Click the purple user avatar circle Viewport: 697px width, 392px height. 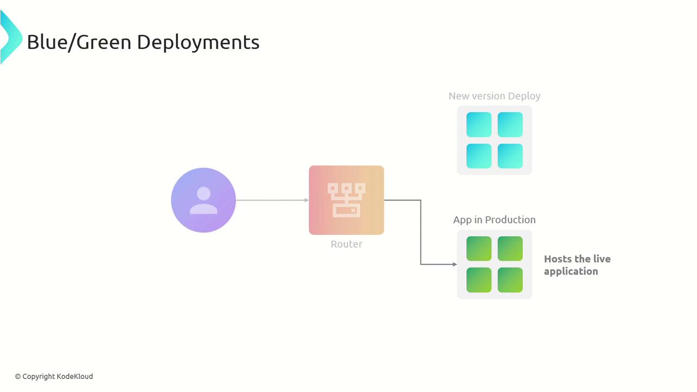pyautogui.click(x=203, y=200)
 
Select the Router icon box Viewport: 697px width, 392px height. pyautogui.click(x=346, y=200)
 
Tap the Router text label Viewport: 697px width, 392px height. pyautogui.click(x=346, y=244)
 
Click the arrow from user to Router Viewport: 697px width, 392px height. pyautogui.click(x=272, y=200)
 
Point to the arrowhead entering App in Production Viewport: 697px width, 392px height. pyautogui.click(x=454, y=265)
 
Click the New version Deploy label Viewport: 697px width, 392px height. pyautogui.click(x=494, y=96)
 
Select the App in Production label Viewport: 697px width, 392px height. pyautogui.click(x=494, y=220)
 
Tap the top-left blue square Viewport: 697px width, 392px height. pyautogui.click(x=479, y=125)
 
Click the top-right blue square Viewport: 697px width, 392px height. pyautogui.click(x=510, y=125)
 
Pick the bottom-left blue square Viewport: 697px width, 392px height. pyautogui.click(x=479, y=156)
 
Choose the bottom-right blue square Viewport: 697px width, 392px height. pyautogui.click(x=510, y=156)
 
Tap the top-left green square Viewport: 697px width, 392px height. pyautogui.click(x=479, y=249)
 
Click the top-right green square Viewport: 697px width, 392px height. pyautogui.click(x=510, y=249)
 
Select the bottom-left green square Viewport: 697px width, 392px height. pyautogui.click(x=479, y=280)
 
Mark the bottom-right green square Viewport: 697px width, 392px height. pyautogui.click(x=510, y=280)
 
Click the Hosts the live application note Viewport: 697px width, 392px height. pyautogui.click(x=577, y=265)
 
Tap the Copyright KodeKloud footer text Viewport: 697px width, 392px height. pyautogui.click(x=54, y=376)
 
